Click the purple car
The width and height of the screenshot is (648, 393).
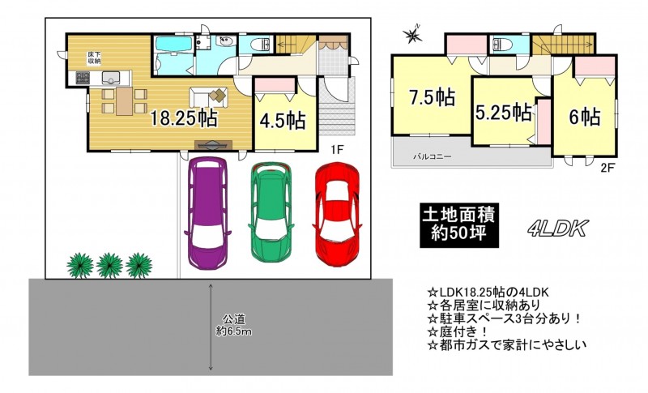click(x=207, y=213)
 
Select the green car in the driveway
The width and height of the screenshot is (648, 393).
click(x=271, y=211)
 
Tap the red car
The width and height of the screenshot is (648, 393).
click(x=337, y=214)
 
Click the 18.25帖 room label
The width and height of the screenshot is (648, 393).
click(x=183, y=118)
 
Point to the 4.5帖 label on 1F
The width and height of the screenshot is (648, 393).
click(x=283, y=121)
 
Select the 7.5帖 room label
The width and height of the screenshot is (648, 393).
click(x=433, y=97)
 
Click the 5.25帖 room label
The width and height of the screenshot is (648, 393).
click(x=503, y=112)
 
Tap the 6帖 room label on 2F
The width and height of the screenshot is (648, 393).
click(x=585, y=117)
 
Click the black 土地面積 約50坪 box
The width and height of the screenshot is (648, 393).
click(x=458, y=225)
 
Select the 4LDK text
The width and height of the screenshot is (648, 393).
click(x=557, y=229)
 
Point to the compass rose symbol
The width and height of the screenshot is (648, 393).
click(x=413, y=34)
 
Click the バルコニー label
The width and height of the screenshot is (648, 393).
click(x=433, y=157)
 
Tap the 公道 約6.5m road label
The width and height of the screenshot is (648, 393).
click(x=234, y=325)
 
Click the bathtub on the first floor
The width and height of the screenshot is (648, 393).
click(x=173, y=44)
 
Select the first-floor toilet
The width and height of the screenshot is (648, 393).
click(x=261, y=44)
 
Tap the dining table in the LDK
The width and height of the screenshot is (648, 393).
click(x=124, y=100)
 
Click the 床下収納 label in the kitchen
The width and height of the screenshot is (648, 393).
click(x=94, y=58)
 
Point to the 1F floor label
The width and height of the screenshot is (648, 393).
click(x=337, y=150)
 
